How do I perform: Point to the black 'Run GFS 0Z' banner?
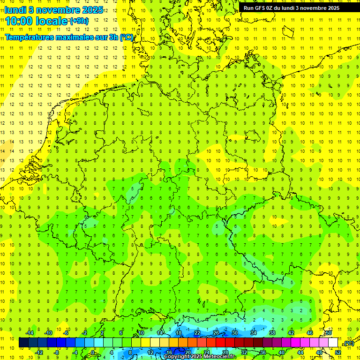click(x=295, y=8)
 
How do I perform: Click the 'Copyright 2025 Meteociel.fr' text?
click(x=199, y=356)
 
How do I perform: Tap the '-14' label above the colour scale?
click(x=30, y=333)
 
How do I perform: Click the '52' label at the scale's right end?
click(x=338, y=352)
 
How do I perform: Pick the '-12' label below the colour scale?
click(x=39, y=352)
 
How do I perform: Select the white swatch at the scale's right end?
click(x=333, y=343)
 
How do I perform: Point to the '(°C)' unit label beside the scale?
click(x=349, y=343)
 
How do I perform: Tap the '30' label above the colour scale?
click(x=235, y=333)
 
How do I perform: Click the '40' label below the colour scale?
click(x=281, y=352)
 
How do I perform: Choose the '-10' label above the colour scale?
click(x=48, y=333)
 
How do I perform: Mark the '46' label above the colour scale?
click(x=309, y=333)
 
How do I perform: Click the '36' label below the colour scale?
click(x=262, y=352)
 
